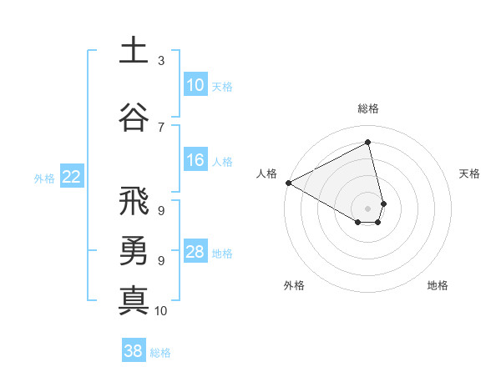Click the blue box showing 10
[195, 85]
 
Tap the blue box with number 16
[195, 160]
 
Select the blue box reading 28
[195, 252]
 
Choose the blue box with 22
[71, 176]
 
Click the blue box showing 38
[133, 351]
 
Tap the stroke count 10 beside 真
[161, 311]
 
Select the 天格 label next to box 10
[222, 87]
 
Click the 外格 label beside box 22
[44, 178]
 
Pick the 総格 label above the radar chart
[368, 108]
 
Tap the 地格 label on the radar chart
[438, 285]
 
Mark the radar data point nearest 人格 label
[288, 182]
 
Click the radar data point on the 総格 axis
[368, 143]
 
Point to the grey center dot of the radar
[368, 208]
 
